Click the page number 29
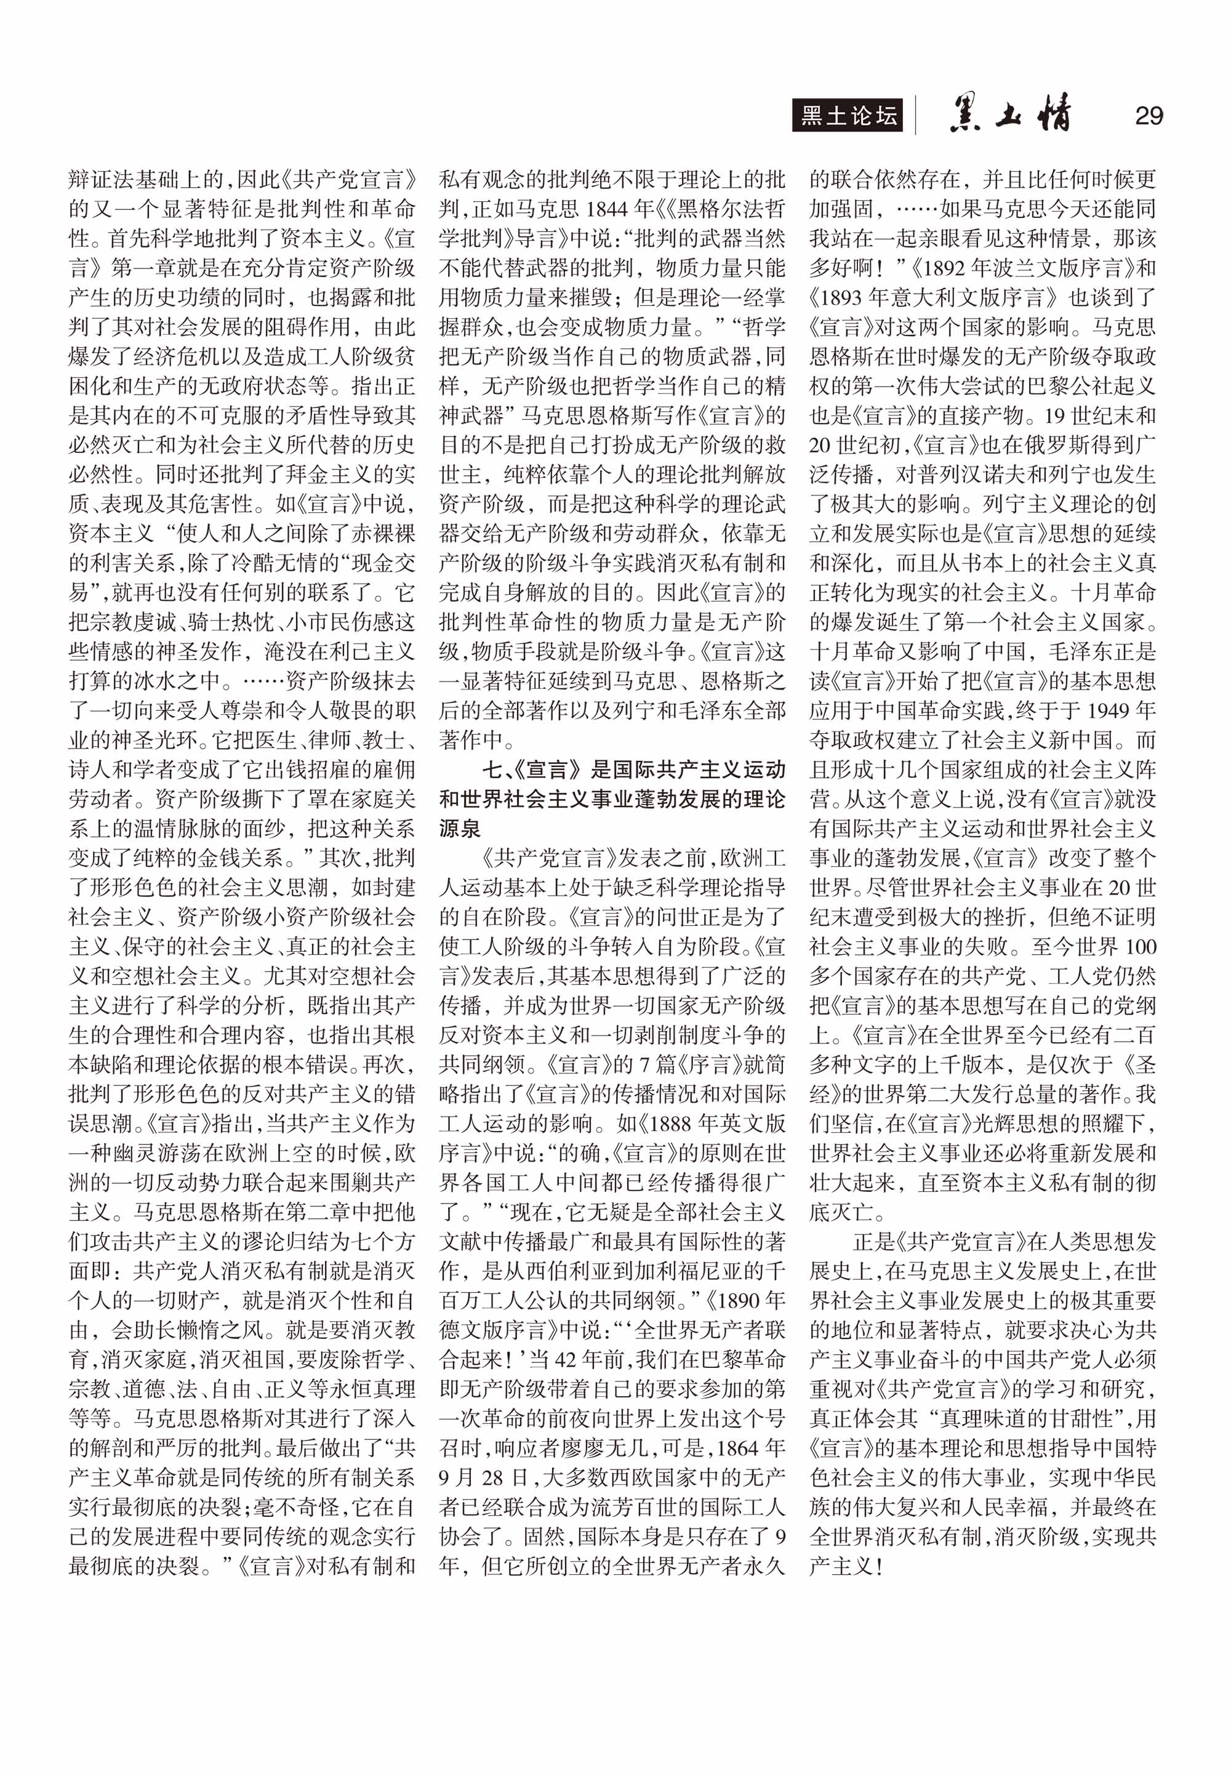(x=1149, y=116)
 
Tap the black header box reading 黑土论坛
(x=847, y=116)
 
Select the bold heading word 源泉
(x=460, y=829)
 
